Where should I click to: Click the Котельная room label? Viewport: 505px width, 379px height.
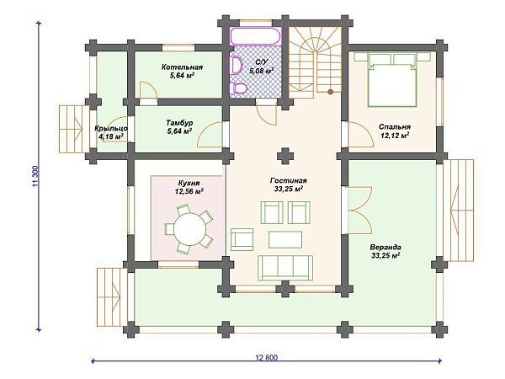click(x=182, y=67)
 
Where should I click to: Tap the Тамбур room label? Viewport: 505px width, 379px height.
click(x=179, y=123)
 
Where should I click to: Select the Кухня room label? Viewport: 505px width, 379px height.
click(x=189, y=183)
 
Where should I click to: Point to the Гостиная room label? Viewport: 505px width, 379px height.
click(x=288, y=181)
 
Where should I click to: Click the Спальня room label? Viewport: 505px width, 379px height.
click(x=395, y=127)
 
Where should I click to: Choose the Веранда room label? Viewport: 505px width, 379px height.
click(x=385, y=248)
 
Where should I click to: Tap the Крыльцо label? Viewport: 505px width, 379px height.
click(x=111, y=129)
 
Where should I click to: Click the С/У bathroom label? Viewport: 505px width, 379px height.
click(x=260, y=61)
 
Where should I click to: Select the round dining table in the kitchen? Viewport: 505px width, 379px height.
click(x=190, y=229)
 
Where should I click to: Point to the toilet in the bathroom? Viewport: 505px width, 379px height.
click(x=240, y=89)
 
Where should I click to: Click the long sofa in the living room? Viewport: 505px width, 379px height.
click(x=285, y=268)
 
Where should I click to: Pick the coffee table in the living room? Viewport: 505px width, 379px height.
click(x=285, y=239)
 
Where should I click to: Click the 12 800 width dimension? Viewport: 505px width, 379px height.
click(x=266, y=358)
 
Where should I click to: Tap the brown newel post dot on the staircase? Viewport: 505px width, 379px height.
click(x=330, y=92)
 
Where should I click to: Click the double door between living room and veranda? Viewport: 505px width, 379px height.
click(x=358, y=210)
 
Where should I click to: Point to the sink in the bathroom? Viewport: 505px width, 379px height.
click(x=237, y=66)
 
